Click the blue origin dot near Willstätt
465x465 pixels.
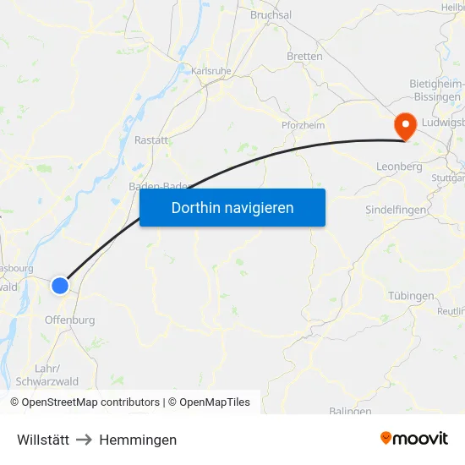(x=60, y=286)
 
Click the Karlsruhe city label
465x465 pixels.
(x=211, y=72)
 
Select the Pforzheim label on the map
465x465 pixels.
(x=303, y=125)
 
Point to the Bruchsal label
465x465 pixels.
(x=271, y=15)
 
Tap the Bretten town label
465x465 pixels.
(x=304, y=57)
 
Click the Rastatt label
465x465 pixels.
(x=151, y=140)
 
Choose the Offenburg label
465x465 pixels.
(x=69, y=320)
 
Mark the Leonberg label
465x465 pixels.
(x=399, y=167)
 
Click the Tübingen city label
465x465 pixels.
(x=411, y=296)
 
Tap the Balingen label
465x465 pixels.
(x=350, y=411)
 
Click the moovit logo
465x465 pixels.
(x=414, y=438)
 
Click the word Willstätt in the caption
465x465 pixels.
(x=43, y=440)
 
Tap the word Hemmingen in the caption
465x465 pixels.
(x=138, y=440)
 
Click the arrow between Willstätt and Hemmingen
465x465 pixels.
(x=85, y=440)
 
